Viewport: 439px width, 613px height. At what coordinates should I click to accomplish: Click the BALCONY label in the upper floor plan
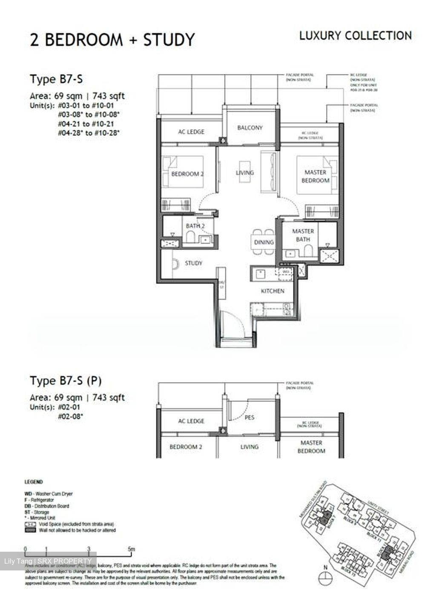click(250, 128)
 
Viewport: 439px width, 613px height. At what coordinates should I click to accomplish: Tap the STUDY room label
click(193, 263)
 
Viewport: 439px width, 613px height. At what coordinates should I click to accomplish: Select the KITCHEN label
click(273, 291)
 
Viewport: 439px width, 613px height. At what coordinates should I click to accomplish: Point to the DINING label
click(264, 242)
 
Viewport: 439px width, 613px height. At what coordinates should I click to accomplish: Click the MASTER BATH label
click(303, 235)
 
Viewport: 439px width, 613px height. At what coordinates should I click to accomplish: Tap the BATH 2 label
click(195, 226)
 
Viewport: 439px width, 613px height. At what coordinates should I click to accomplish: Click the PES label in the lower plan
click(250, 418)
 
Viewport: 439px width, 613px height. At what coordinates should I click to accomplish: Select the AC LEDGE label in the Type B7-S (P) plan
click(191, 421)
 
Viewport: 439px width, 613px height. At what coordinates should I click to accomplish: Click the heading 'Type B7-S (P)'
click(66, 380)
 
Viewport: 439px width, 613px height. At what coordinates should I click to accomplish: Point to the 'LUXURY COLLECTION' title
click(356, 36)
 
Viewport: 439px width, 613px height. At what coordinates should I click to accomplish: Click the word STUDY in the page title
click(169, 40)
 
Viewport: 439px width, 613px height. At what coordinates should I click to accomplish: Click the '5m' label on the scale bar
click(132, 550)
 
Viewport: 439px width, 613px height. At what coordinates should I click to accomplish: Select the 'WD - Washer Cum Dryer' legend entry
click(49, 494)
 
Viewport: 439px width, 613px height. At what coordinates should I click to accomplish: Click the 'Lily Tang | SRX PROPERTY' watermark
click(48, 561)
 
